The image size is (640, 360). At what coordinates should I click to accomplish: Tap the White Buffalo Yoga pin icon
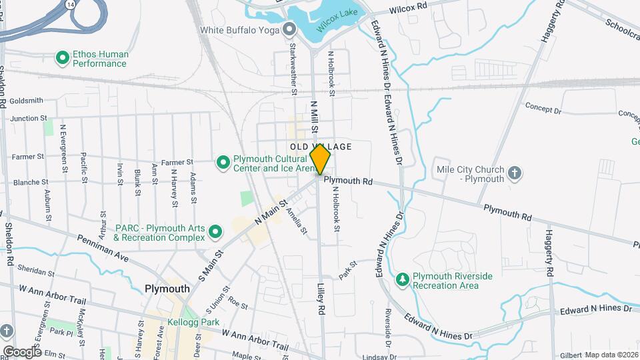[x=289, y=29]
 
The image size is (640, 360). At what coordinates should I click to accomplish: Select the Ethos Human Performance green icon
[x=63, y=59]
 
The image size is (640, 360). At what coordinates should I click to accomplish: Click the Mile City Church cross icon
[x=514, y=174]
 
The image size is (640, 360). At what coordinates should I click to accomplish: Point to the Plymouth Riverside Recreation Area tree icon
[x=402, y=277]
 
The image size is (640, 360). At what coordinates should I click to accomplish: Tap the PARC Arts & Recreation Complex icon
[x=215, y=232]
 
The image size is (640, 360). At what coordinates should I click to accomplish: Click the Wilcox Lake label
[x=338, y=24]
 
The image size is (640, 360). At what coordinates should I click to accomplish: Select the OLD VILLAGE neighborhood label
[x=321, y=146]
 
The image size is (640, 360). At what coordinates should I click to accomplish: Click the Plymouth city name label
[x=167, y=289]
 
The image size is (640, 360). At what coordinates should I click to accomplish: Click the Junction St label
[x=27, y=118]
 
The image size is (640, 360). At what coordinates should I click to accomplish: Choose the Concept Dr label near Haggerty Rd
[x=543, y=107]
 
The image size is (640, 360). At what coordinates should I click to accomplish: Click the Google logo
[x=21, y=351]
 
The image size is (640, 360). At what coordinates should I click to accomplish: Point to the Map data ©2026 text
[x=612, y=354]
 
